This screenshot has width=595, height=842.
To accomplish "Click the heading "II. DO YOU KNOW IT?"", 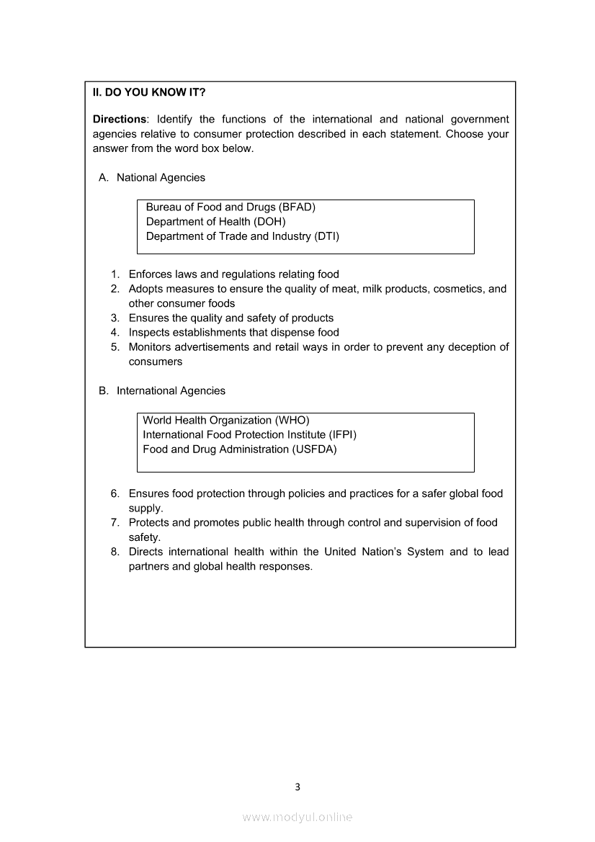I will [149, 92].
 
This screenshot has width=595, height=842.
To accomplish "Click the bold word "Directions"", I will [119, 120].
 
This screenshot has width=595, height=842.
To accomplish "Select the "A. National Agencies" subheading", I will [152, 178].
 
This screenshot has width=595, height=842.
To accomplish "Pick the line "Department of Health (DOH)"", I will [215, 222].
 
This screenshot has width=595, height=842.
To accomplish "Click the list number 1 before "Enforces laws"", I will [115, 274].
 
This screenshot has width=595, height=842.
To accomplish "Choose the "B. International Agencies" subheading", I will [162, 391].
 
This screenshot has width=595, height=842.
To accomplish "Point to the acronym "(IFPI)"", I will [342, 435].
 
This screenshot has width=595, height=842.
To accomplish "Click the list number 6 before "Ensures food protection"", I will [115, 494].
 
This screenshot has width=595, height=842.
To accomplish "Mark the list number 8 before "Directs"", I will [115, 552].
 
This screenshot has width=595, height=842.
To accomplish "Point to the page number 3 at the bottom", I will [297, 787].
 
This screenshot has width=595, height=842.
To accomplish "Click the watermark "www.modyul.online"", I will [297, 817].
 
